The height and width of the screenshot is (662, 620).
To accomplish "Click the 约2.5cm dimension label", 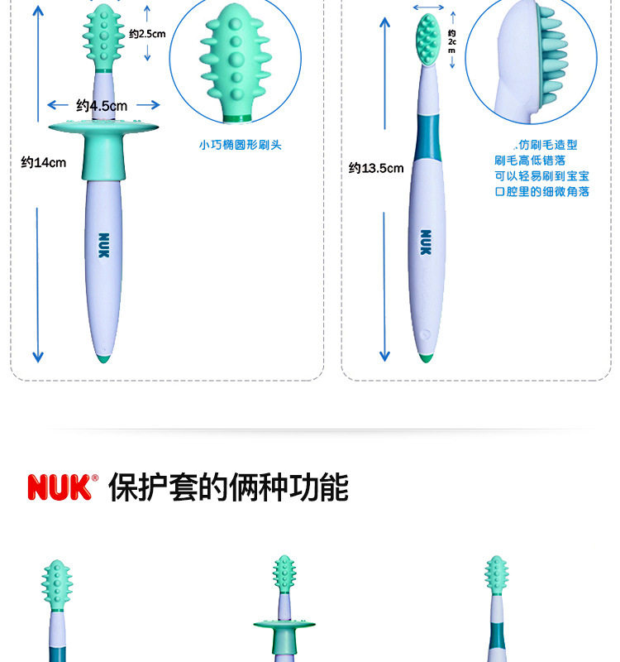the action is pyautogui.click(x=148, y=34).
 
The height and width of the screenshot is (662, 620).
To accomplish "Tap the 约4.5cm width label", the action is pyautogui.click(x=102, y=105).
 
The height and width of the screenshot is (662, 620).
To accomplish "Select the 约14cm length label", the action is pyautogui.click(x=43, y=162).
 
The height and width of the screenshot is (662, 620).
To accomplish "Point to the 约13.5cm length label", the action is pyautogui.click(x=376, y=168).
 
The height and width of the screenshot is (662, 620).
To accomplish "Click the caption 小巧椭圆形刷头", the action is pyautogui.click(x=240, y=145).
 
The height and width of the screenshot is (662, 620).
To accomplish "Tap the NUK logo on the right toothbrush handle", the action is pyautogui.click(x=426, y=242).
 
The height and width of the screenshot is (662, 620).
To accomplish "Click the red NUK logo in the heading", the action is pyautogui.click(x=63, y=487).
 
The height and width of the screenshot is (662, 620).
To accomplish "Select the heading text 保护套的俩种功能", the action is pyautogui.click(x=228, y=487).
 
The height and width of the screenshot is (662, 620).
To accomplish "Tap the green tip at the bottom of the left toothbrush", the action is pyautogui.click(x=103, y=359).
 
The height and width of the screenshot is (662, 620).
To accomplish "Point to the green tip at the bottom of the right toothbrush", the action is pyautogui.click(x=425, y=357).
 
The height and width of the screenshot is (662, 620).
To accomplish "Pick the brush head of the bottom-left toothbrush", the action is pyautogui.click(x=57, y=584).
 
